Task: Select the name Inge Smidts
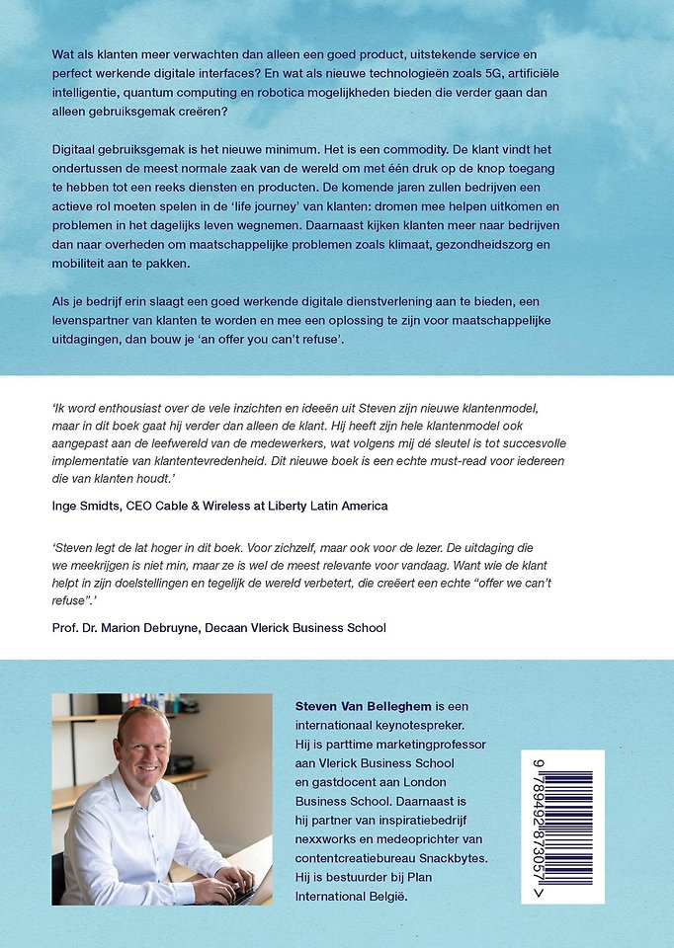pos(94,506)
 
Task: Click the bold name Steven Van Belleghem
pos(364,706)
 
